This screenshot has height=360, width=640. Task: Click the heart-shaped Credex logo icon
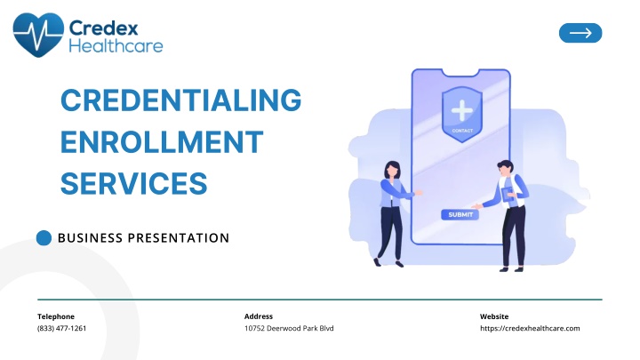click(x=38, y=35)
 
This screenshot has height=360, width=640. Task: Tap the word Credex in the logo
click(x=104, y=28)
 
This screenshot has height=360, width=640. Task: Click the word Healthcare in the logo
click(x=116, y=45)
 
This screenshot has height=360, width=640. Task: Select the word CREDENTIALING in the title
click(x=180, y=100)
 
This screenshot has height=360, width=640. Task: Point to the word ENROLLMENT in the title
click(x=162, y=141)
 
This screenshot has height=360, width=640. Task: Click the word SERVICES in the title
click(x=134, y=183)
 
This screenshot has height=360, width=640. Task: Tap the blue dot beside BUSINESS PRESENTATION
click(x=44, y=238)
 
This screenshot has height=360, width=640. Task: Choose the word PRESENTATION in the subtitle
click(x=179, y=238)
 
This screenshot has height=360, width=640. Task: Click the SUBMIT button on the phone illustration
click(x=460, y=215)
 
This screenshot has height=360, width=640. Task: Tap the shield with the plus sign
click(x=462, y=114)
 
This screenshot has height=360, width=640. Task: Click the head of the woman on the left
click(x=392, y=170)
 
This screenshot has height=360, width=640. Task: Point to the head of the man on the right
click(x=505, y=169)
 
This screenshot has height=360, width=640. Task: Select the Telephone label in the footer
click(x=56, y=316)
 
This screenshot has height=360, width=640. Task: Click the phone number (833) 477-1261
click(x=61, y=328)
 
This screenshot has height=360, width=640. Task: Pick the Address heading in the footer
click(x=259, y=316)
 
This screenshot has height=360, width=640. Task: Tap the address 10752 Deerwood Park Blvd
click(x=289, y=328)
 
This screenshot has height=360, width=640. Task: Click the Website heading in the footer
click(x=494, y=316)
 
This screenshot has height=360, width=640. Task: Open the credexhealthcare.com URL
click(x=530, y=328)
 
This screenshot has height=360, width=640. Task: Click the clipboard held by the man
click(x=508, y=195)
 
